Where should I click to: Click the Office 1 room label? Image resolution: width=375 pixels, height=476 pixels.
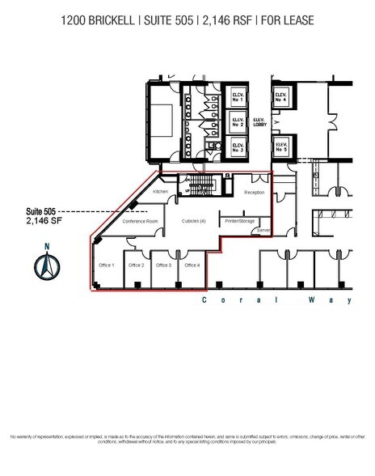click(x=107, y=265)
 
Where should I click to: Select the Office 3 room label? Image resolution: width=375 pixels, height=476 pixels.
click(x=164, y=265)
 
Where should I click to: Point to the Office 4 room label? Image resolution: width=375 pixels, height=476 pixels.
click(x=192, y=265)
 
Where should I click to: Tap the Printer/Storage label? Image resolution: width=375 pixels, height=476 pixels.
click(x=240, y=220)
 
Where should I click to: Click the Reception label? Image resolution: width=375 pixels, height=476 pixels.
click(x=255, y=193)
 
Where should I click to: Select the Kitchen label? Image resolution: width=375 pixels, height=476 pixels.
click(x=160, y=191)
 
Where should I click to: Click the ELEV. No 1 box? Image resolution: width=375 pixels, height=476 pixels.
click(x=238, y=97)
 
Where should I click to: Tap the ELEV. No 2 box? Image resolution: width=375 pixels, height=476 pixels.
click(x=238, y=123)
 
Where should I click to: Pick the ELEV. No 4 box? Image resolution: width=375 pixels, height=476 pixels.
click(x=281, y=99)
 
